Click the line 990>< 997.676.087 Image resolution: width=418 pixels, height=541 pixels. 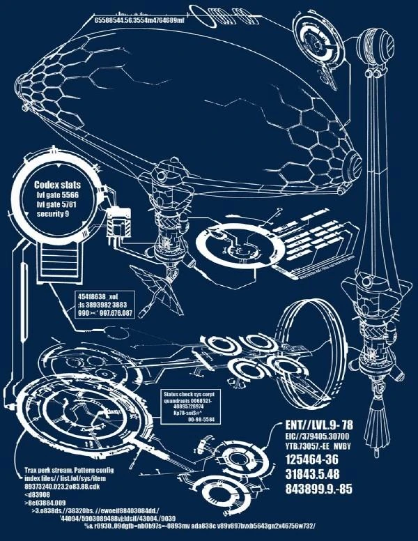pyautogui.click(x=105, y=314)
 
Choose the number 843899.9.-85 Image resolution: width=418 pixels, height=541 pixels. pyautogui.click(x=319, y=489)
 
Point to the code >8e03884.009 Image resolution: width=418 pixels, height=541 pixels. pyautogui.click(x=45, y=502)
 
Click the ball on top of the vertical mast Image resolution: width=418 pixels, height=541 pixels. pyautogui.click(x=384, y=47)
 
